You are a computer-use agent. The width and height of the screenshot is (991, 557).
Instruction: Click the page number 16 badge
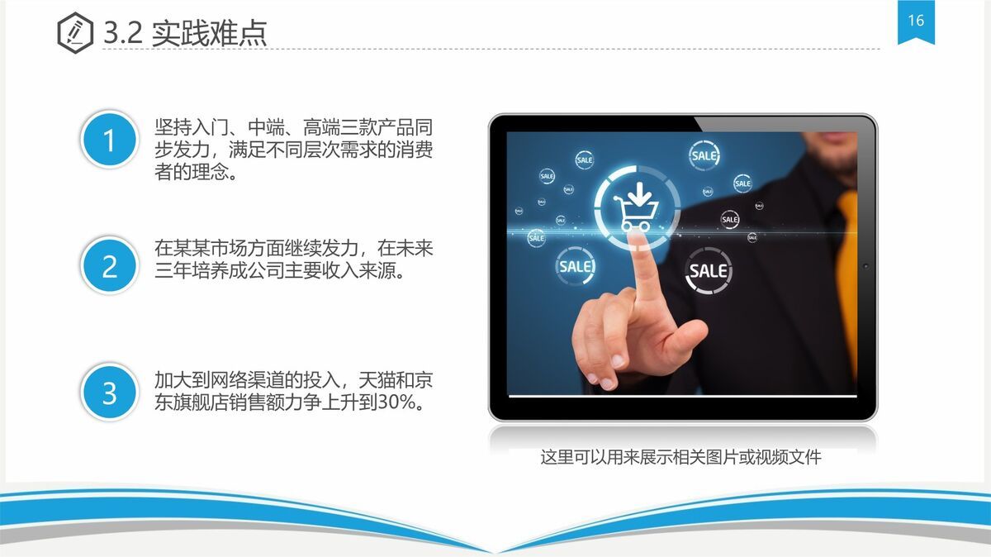pos(916,22)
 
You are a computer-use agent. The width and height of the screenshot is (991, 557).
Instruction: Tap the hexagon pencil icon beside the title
pos(75,32)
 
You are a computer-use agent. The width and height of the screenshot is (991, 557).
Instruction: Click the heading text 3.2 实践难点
pos(185,33)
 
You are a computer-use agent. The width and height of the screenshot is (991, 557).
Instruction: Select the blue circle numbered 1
pos(109,140)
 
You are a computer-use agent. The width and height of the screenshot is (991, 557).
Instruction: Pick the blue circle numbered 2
pos(109,266)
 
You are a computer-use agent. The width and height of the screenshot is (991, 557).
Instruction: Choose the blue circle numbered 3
pos(109,393)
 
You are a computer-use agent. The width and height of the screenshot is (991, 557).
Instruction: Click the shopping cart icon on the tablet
pos(637,206)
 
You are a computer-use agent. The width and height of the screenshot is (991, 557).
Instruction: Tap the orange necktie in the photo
pos(846,273)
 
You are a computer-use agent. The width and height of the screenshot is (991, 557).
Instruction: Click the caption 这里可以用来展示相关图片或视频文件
pos(680,457)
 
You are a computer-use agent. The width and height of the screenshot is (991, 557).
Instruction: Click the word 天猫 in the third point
pos(377,381)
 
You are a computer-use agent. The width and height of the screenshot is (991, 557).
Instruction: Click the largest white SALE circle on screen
pos(708,270)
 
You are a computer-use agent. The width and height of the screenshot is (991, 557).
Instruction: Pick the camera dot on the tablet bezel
pos(865,266)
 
